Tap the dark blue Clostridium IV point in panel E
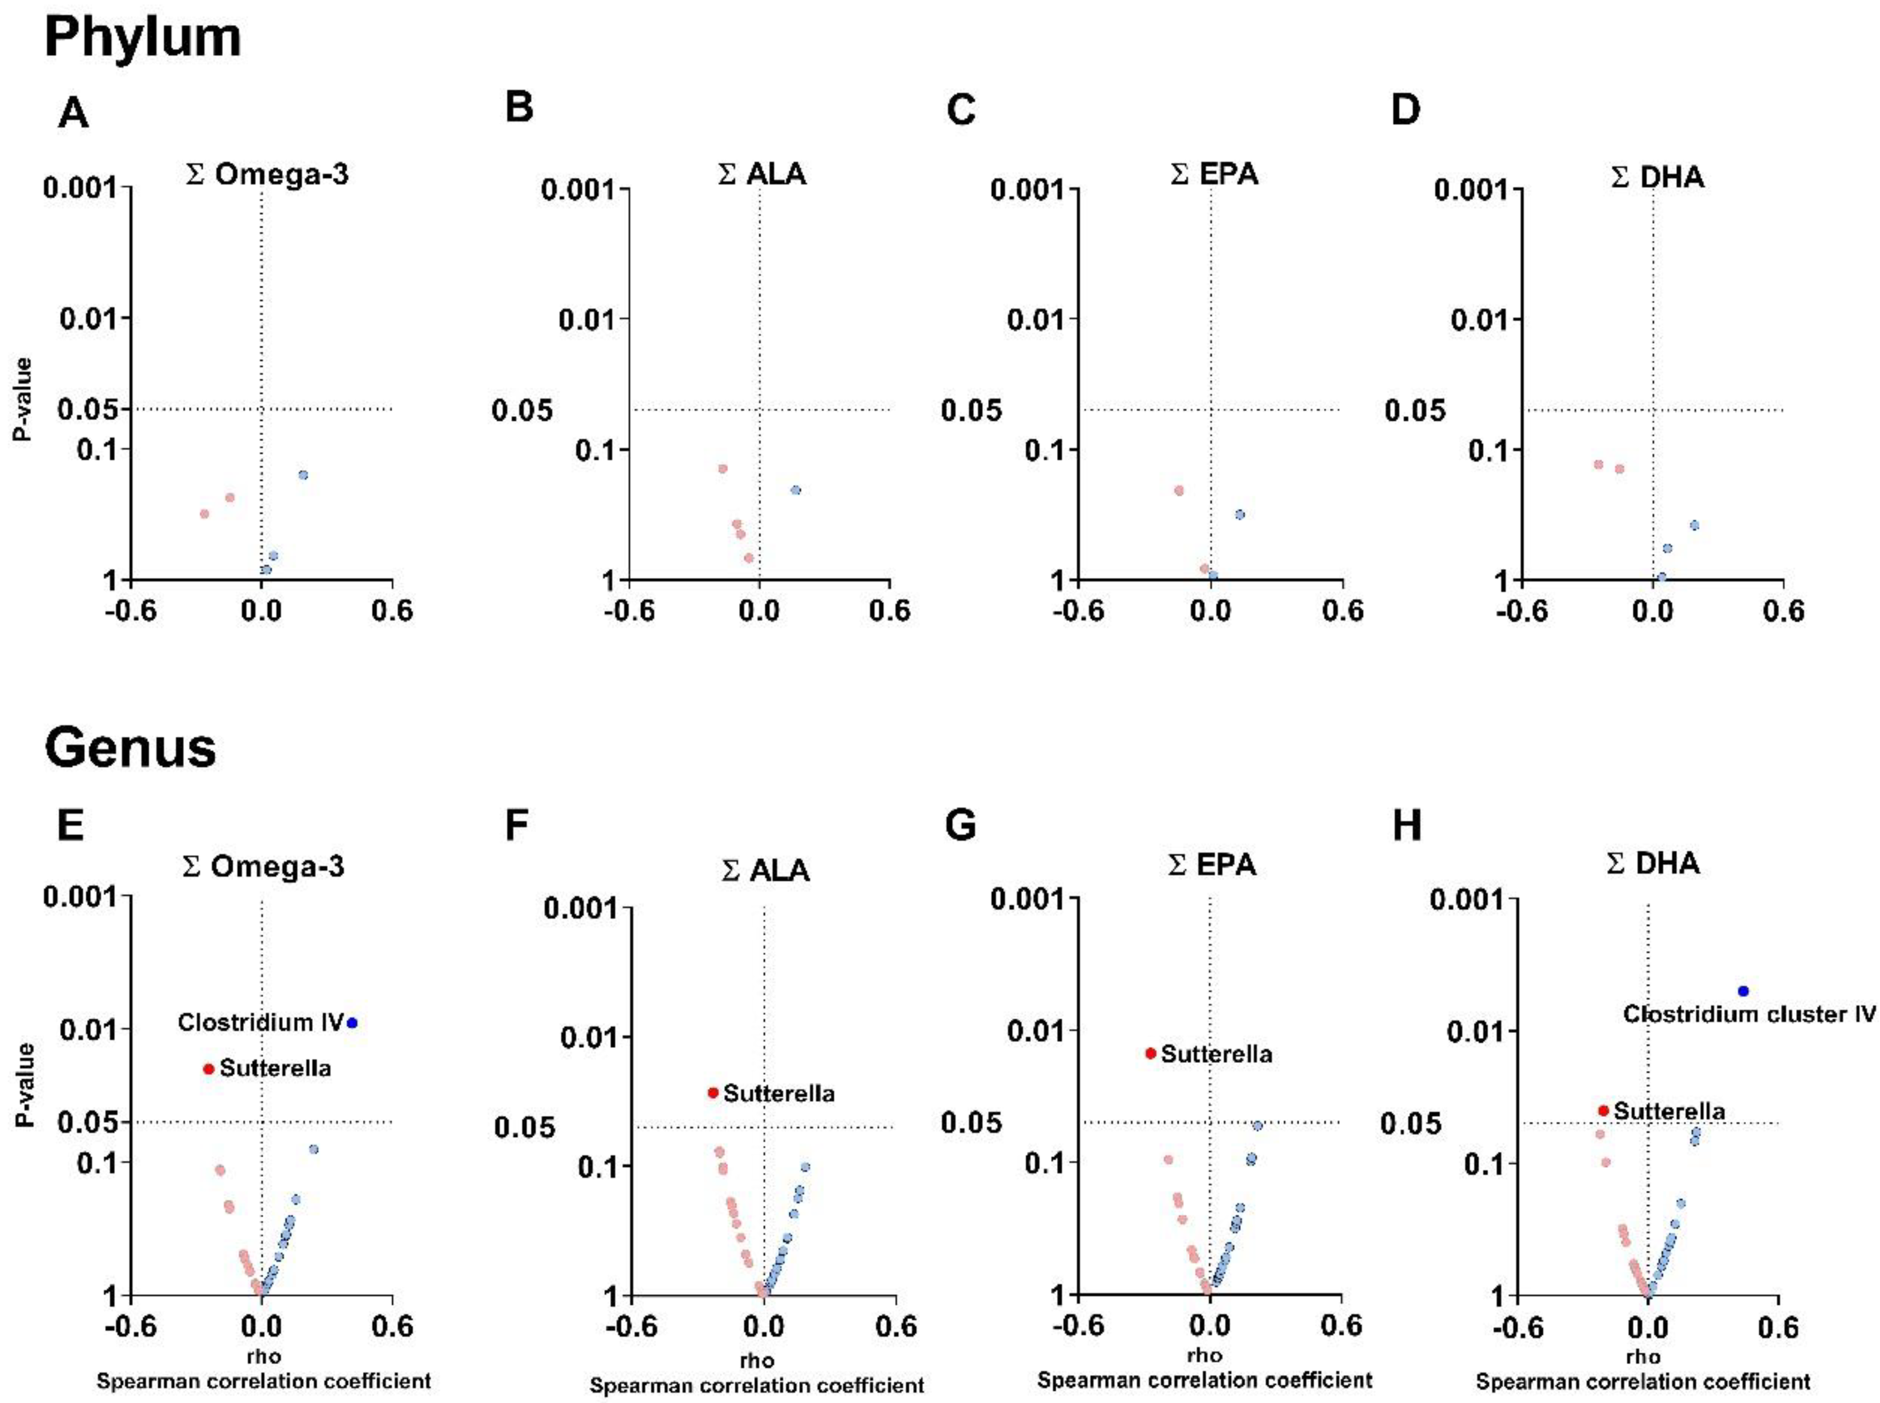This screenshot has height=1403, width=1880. coord(352,1022)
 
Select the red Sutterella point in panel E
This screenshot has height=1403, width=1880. coord(208,1069)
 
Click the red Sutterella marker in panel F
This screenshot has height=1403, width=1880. coord(714,1093)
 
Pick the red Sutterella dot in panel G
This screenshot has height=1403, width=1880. coord(1150,1053)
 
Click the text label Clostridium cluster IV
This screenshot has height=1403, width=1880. coord(1749,1014)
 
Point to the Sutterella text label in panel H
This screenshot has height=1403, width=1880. coord(1669,1111)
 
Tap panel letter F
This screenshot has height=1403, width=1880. coord(517,825)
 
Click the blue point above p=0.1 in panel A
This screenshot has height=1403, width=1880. coord(303,475)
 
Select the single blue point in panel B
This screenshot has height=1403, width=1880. coord(796,490)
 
